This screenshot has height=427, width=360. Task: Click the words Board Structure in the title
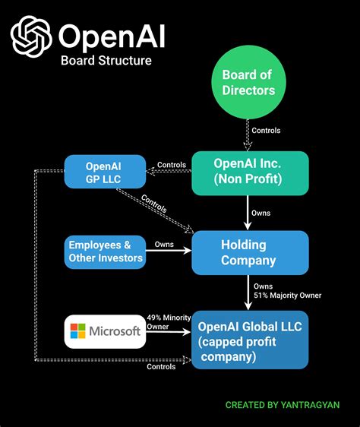(x=106, y=60)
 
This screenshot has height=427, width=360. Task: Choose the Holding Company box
(x=249, y=252)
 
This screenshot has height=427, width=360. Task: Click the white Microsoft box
(x=104, y=331)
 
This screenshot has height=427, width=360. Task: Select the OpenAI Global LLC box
(x=249, y=339)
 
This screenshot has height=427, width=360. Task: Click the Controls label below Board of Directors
(x=266, y=131)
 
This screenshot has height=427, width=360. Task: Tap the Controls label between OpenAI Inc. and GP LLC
(x=172, y=166)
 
